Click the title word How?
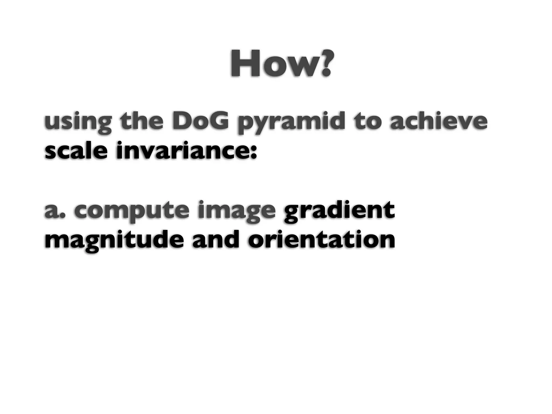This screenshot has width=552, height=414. pyautogui.click(x=280, y=64)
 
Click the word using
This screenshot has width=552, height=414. pyautogui.click(x=78, y=123)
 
